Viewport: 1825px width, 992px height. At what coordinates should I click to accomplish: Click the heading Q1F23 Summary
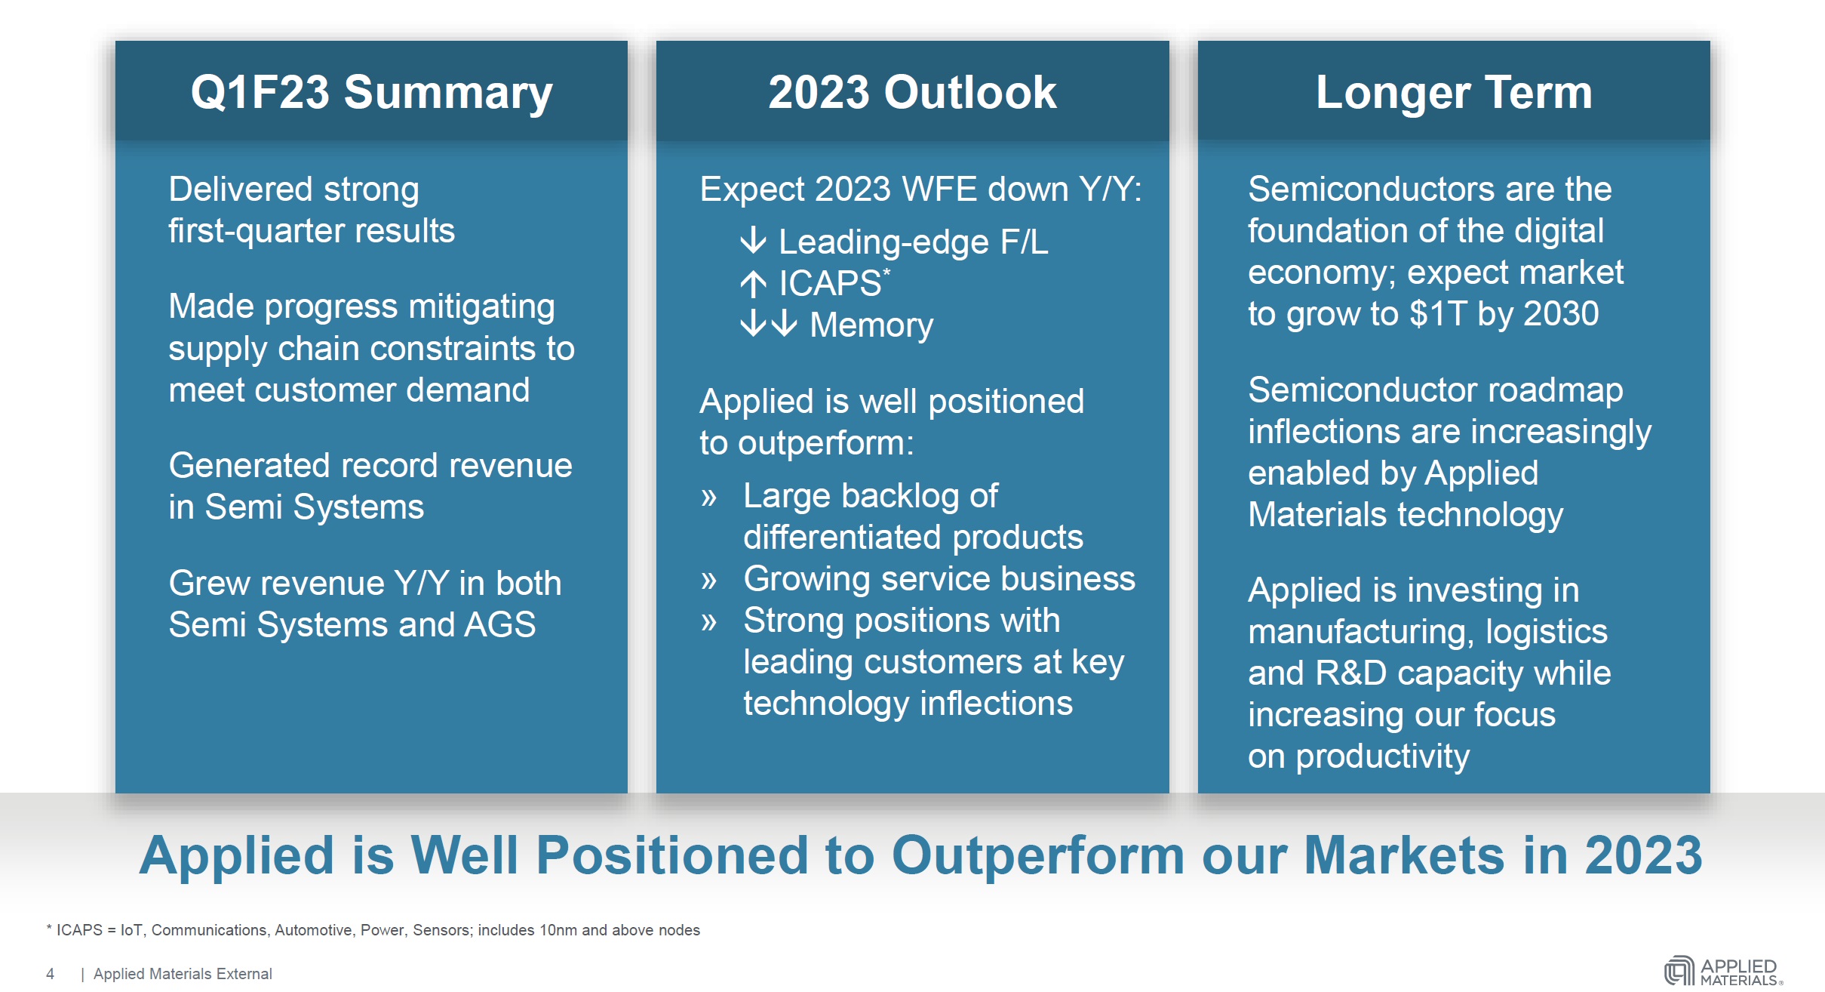(x=371, y=94)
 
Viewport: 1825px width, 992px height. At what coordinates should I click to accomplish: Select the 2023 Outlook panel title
(x=912, y=92)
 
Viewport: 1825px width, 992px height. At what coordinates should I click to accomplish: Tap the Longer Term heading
(x=1454, y=93)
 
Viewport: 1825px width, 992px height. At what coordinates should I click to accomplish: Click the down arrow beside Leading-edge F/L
(x=753, y=242)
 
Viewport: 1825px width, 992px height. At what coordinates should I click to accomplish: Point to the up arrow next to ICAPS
(x=753, y=284)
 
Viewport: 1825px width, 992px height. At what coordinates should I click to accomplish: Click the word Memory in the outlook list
(x=871, y=325)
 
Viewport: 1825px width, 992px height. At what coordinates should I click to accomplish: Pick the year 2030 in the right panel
(x=1561, y=313)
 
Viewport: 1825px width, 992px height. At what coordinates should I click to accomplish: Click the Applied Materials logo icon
(x=1679, y=971)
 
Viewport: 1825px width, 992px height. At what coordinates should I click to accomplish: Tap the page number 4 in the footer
(x=50, y=974)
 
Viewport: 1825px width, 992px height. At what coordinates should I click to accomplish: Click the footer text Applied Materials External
(x=183, y=974)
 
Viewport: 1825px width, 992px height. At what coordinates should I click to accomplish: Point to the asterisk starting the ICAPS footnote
(x=49, y=928)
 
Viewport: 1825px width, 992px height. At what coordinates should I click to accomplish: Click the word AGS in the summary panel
(x=500, y=625)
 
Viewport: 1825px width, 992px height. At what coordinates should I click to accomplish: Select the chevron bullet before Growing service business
(x=708, y=581)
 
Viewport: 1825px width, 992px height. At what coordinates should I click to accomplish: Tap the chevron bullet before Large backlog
(x=708, y=498)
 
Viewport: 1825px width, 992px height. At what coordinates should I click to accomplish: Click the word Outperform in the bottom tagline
(x=1038, y=856)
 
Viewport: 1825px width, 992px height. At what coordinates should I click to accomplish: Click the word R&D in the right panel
(x=1350, y=673)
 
